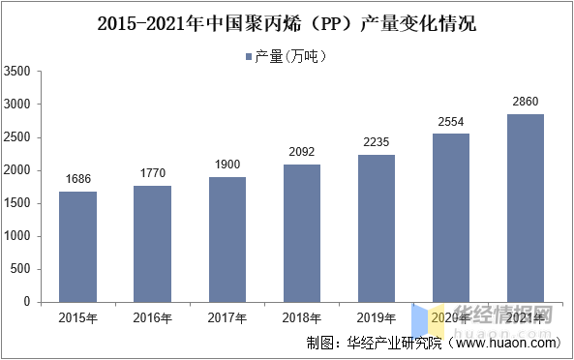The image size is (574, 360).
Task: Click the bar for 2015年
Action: (x=77, y=247)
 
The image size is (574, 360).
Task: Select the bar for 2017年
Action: (x=227, y=239)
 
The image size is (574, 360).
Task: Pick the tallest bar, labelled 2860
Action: (x=526, y=208)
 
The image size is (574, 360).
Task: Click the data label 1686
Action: (x=77, y=179)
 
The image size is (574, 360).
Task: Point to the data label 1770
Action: (x=153, y=173)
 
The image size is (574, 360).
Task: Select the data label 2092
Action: (x=302, y=152)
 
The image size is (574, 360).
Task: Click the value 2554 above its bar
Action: (x=451, y=121)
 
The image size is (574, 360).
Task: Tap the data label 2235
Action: (x=377, y=142)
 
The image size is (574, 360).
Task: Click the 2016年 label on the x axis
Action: (x=153, y=317)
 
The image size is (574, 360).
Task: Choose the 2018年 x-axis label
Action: (x=302, y=317)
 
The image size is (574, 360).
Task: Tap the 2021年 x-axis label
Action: (x=526, y=317)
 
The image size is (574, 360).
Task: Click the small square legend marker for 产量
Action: (x=249, y=56)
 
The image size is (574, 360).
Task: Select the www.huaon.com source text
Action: (x=507, y=343)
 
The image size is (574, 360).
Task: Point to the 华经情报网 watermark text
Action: (x=503, y=316)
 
